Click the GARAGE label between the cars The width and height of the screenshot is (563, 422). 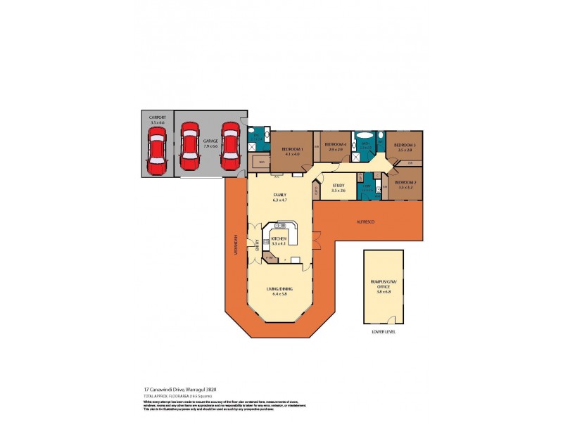tap(210, 141)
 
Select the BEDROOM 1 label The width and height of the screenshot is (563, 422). tap(292, 150)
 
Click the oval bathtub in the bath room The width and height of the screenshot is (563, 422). tap(365, 136)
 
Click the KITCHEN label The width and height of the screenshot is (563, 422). tap(279, 238)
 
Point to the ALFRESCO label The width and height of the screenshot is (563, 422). tap(365, 222)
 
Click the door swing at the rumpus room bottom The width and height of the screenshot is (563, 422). tap(391, 320)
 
